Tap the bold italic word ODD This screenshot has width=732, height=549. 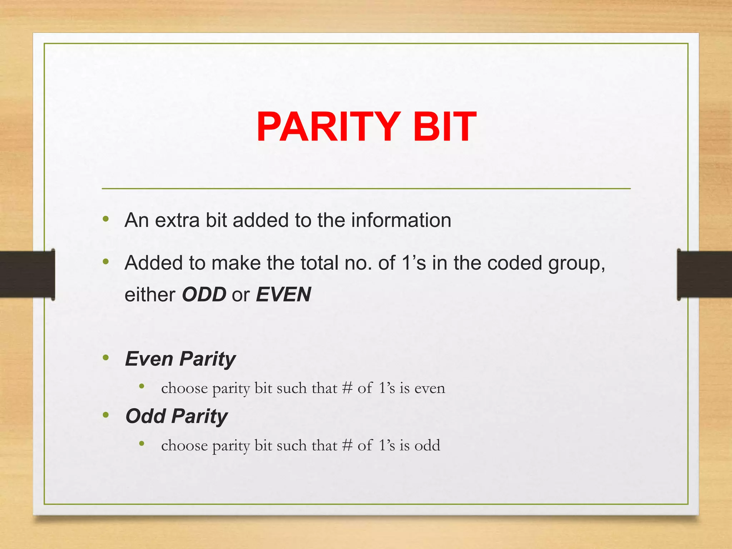click(204, 295)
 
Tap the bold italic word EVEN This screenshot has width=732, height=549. click(283, 295)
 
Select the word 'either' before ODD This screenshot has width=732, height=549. click(150, 295)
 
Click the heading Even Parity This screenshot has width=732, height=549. click(180, 359)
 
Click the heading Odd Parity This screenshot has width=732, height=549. click(177, 416)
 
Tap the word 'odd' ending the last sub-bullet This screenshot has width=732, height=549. click(427, 446)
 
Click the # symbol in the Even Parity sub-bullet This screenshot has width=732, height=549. click(347, 388)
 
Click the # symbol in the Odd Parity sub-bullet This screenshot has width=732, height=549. click(347, 446)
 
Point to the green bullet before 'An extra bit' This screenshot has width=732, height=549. click(106, 219)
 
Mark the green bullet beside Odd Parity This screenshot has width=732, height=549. click(106, 415)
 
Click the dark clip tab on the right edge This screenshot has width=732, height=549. click(704, 274)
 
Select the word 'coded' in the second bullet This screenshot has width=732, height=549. click(515, 263)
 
